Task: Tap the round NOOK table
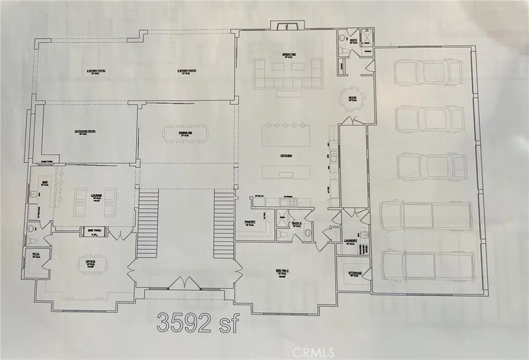[x=353, y=97]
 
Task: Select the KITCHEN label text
[x=286, y=155]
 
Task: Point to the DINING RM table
[x=185, y=135]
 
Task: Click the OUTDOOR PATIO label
[x=85, y=131]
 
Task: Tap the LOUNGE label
[x=96, y=196]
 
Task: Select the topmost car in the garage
[x=428, y=72]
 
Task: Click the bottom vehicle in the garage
[x=427, y=264]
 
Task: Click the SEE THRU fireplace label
[x=94, y=230]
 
